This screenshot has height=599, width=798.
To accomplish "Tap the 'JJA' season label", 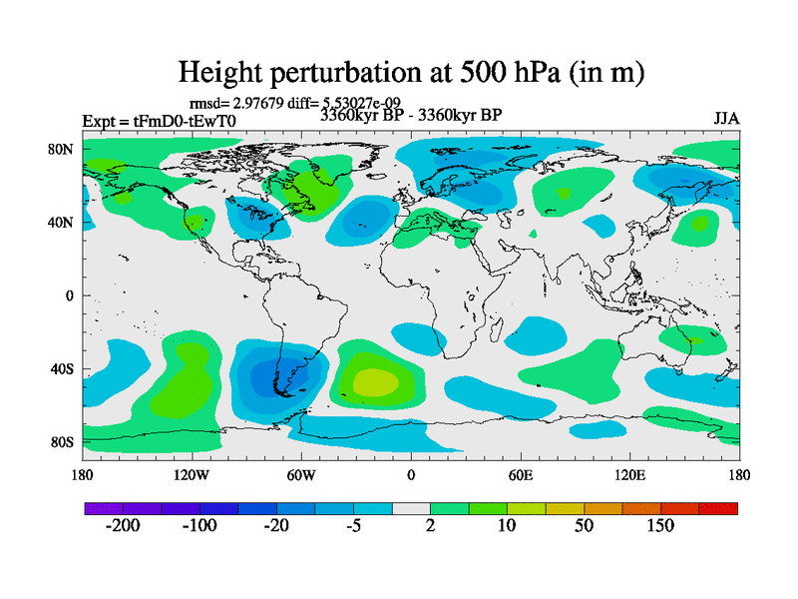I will click(726, 118).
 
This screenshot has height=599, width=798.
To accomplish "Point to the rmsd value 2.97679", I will click(264, 102).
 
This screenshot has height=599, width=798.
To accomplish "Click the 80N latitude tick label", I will click(63, 149).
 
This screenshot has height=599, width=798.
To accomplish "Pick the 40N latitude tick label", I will click(63, 222).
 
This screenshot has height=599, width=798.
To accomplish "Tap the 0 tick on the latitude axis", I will click(70, 296).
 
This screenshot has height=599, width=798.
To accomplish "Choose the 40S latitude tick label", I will click(63, 368).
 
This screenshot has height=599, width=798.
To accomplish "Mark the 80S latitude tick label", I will click(63, 441).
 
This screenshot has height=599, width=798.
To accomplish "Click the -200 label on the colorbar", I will click(124, 526).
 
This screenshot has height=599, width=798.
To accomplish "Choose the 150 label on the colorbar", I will click(660, 526).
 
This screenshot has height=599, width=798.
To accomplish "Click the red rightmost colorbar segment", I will click(718, 508).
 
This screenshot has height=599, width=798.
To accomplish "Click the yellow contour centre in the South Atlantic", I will click(373, 380).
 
